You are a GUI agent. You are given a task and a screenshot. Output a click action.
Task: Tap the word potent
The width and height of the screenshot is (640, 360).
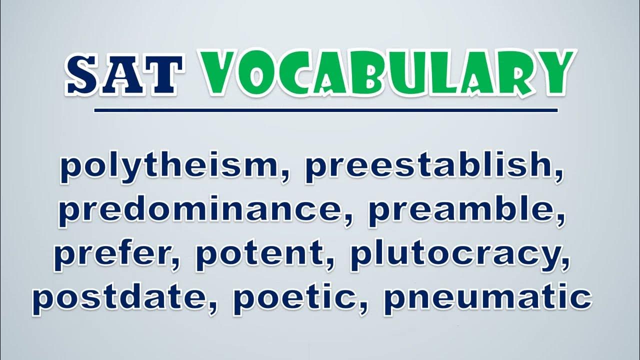pos(260,254)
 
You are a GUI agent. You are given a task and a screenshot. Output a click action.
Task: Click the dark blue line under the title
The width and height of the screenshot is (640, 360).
pos(325,110)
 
